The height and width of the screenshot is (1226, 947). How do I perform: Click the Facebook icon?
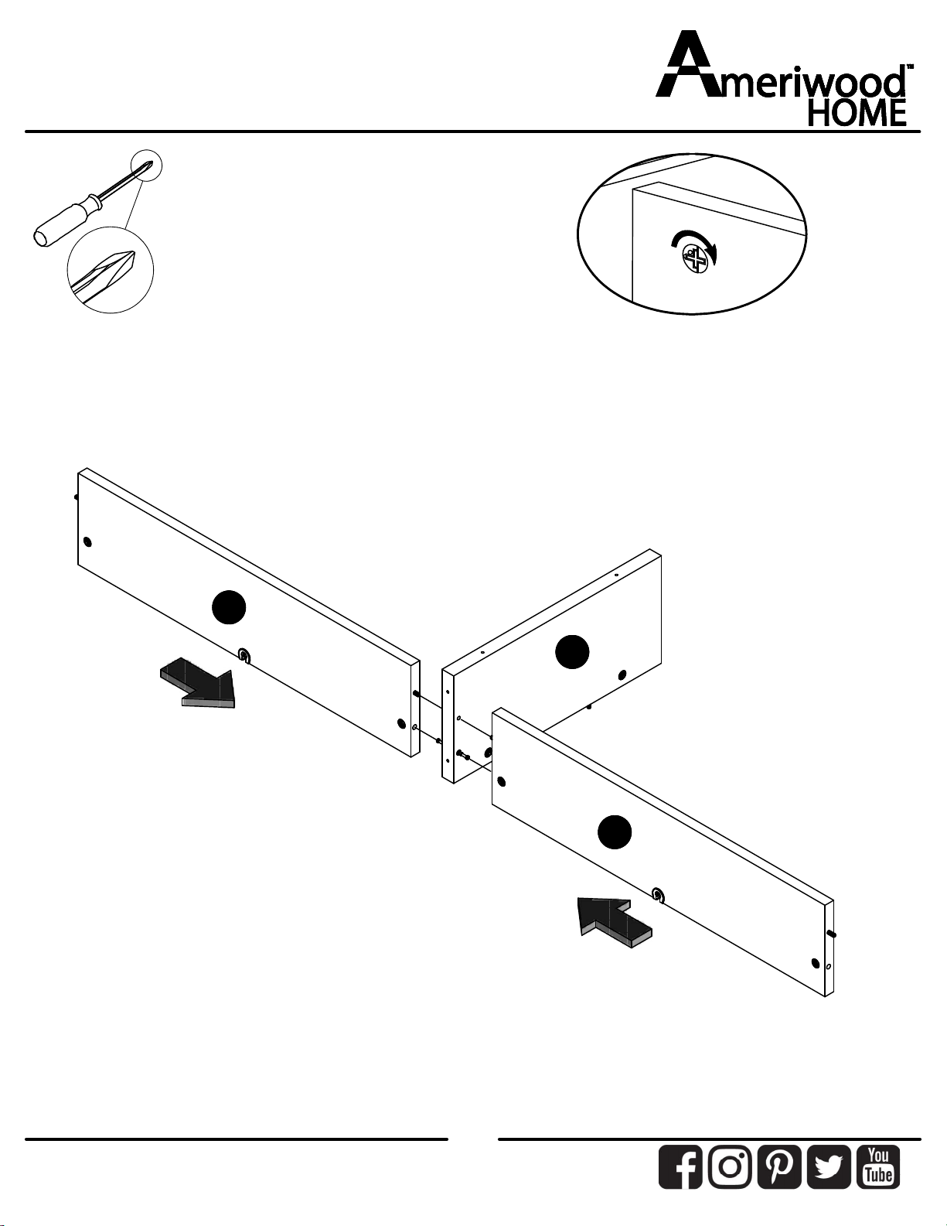[x=680, y=1166]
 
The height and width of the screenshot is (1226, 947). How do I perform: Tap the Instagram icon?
[x=730, y=1166]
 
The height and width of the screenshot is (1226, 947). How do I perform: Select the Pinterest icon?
[x=779, y=1166]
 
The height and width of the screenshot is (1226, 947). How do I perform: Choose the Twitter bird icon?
[x=829, y=1166]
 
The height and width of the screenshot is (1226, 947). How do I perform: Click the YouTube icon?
[x=878, y=1166]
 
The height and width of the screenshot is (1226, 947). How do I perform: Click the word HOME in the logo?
[x=857, y=113]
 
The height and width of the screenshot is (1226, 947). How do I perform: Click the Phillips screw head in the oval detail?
[x=696, y=259]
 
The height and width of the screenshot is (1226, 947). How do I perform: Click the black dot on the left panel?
[x=229, y=608]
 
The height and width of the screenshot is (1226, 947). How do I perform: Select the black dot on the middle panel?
[x=572, y=651]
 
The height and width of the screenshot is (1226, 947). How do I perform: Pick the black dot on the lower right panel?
[x=615, y=832]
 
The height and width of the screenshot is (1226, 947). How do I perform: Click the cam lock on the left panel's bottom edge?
[x=244, y=656]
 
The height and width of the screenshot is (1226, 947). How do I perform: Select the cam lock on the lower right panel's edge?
[x=658, y=895]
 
